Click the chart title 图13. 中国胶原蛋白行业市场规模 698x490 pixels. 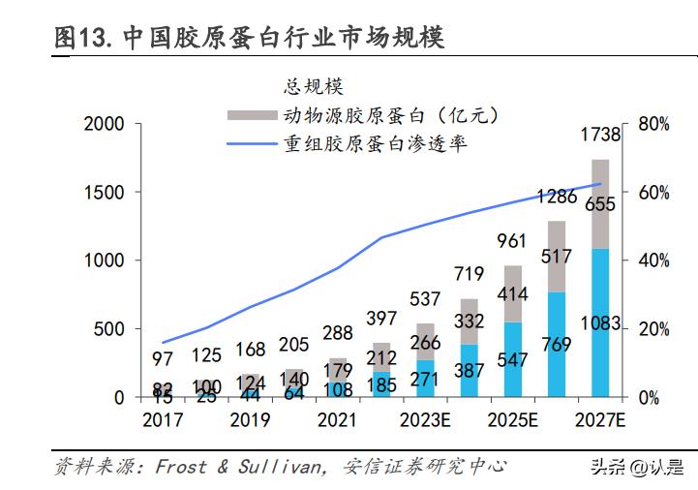pyautogui.click(x=249, y=38)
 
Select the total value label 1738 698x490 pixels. pyautogui.click(x=600, y=136)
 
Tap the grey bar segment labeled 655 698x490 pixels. pyautogui.click(x=600, y=203)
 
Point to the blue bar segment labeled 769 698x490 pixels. pyautogui.click(x=557, y=358)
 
